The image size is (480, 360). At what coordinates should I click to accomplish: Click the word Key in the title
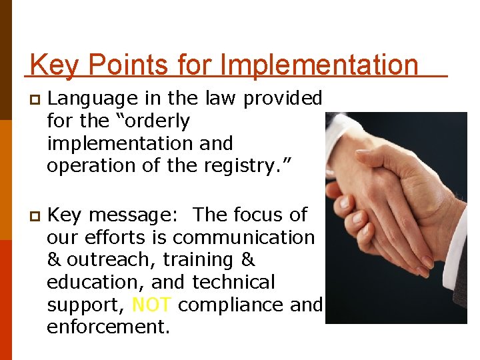[x=55, y=65]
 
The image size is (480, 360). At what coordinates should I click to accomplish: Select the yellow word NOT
[x=153, y=305]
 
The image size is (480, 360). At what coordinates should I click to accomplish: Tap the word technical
[x=233, y=283]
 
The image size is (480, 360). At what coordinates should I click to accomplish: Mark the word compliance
[x=231, y=305]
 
